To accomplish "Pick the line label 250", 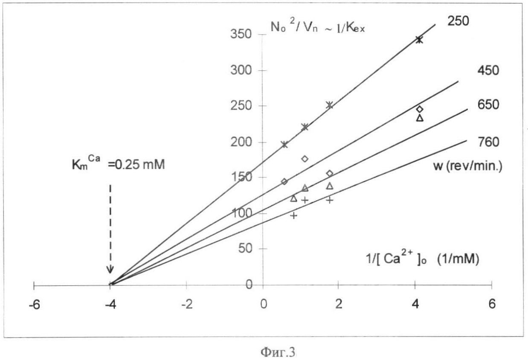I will click(458, 21).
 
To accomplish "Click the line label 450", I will click(488, 71).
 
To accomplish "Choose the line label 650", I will click(488, 105).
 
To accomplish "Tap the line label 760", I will click(488, 142).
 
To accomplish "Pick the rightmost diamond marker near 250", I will click(420, 109).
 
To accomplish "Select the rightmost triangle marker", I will click(420, 118).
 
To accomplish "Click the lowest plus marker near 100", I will click(293, 215).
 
